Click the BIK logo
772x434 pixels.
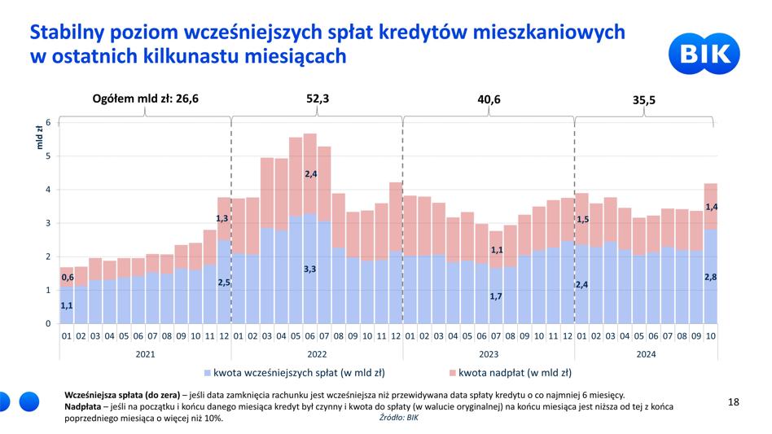704,54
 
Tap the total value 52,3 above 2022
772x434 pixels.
318,99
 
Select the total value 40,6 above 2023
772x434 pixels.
489,99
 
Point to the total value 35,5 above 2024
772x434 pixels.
644,100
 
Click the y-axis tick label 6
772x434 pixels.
48,122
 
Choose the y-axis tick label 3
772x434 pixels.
48,223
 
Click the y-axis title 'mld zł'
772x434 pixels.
39,138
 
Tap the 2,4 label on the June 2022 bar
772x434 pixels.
310,173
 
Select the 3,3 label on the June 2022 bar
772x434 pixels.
309,270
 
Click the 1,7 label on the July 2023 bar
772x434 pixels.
496,296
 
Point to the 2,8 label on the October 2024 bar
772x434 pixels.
710,277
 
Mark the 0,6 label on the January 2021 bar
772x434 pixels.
68,278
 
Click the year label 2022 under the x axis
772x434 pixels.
317,354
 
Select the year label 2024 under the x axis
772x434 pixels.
646,354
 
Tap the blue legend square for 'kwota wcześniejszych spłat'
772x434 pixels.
208,373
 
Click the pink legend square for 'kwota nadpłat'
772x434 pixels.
453,373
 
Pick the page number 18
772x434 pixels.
734,402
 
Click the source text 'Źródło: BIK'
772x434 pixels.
399,417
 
